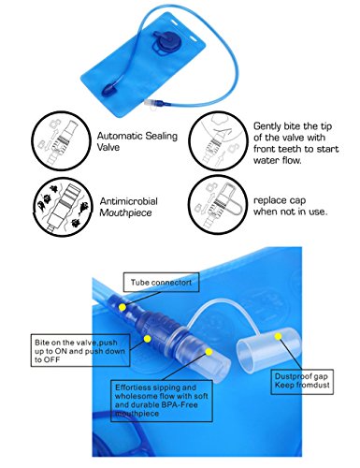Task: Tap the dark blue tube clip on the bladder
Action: tap(108, 90)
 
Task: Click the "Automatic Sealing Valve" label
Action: tap(137, 141)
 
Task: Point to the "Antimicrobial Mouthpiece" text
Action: tap(128, 207)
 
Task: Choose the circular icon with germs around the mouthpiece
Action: tap(63, 208)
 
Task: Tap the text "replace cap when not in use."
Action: tap(290, 206)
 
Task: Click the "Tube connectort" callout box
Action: tap(161, 283)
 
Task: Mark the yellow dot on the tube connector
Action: tap(122, 307)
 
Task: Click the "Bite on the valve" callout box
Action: tap(80, 350)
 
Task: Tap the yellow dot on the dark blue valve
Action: tap(148, 339)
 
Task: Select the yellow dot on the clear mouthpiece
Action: tap(209, 352)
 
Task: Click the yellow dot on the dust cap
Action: tap(278, 336)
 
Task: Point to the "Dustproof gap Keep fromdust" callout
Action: tap(302, 382)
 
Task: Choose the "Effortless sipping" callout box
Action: tap(162, 401)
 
